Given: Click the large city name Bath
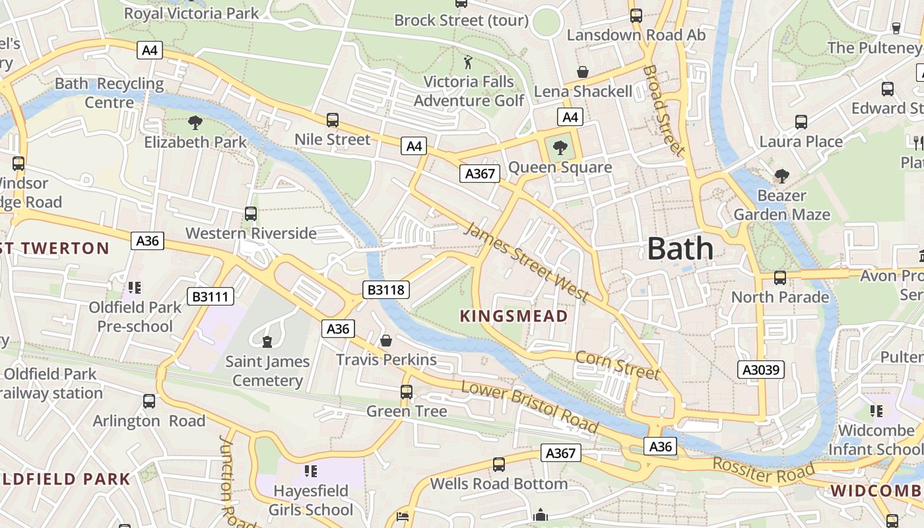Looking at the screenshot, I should point(680,249).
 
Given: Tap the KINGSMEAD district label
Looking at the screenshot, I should point(513,316).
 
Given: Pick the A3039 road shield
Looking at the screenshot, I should point(761,370).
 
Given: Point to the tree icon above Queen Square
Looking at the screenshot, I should point(560,147).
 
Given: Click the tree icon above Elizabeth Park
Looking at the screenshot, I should point(195,122).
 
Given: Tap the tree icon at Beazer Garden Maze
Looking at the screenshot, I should point(782,176).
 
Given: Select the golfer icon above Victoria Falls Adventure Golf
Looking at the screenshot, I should point(469,63).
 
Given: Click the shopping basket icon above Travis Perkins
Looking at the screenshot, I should point(386,341).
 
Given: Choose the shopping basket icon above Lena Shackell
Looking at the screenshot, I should point(583,72).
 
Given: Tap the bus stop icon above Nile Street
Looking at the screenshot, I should point(333,120).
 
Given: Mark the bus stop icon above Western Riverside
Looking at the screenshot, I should point(251,214).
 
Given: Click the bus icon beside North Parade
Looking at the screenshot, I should point(780,278).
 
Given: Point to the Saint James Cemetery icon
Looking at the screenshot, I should point(267,342).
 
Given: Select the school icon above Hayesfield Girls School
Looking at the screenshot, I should point(311,471).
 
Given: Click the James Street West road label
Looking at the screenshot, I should point(525,262).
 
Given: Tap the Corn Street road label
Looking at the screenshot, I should point(617,365).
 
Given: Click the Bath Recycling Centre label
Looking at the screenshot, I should point(110,93).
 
